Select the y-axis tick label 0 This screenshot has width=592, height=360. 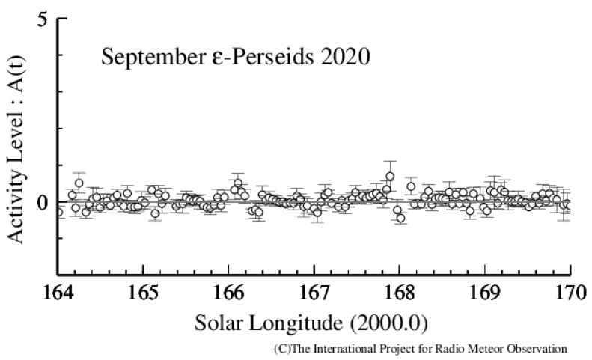coord(43,202)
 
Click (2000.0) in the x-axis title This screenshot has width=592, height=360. coord(389,323)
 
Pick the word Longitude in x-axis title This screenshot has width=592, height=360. coord(294,323)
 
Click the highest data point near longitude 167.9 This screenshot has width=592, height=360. coord(390,177)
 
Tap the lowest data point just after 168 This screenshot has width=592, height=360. coord(400,218)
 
